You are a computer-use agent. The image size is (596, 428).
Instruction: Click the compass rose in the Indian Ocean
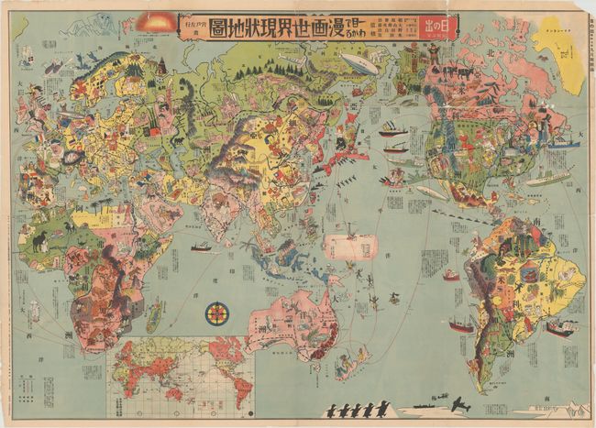point(218,314)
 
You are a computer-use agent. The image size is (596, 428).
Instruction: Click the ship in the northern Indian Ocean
point(201,247)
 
